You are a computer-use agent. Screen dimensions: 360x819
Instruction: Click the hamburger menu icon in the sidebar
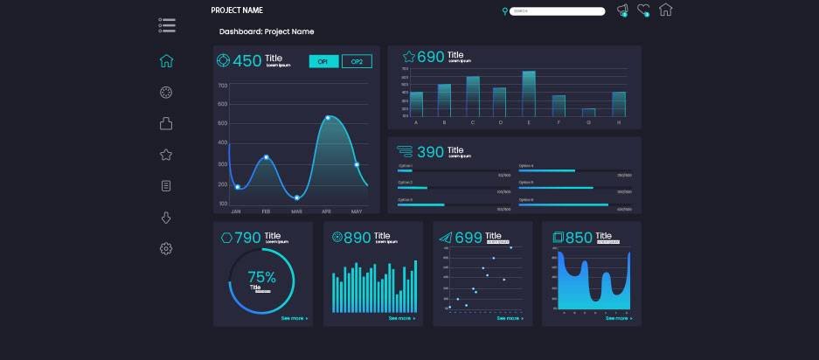click(x=167, y=25)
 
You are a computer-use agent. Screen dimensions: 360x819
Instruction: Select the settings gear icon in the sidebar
click(x=166, y=249)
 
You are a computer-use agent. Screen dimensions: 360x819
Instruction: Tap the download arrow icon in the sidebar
click(x=166, y=218)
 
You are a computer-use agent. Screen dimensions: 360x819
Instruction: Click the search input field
click(x=558, y=11)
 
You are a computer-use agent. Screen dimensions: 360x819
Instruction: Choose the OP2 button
click(x=357, y=61)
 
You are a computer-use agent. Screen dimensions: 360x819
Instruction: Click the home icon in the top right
click(x=666, y=10)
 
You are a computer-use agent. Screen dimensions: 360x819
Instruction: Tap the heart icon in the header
click(x=643, y=10)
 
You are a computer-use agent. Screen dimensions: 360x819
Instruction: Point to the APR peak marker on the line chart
click(x=328, y=118)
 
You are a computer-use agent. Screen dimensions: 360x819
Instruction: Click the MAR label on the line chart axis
click(x=296, y=211)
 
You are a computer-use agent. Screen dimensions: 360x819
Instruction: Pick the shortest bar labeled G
click(x=588, y=113)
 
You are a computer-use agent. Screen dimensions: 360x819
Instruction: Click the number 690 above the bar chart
click(x=431, y=57)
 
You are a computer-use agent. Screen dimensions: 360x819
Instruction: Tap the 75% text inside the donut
click(x=261, y=277)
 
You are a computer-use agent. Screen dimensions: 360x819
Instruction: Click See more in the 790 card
click(x=294, y=319)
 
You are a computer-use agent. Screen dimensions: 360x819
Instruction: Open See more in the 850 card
click(x=618, y=319)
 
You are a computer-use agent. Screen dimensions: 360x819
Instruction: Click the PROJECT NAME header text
click(x=236, y=10)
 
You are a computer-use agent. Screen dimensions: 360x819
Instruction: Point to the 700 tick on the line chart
click(x=223, y=86)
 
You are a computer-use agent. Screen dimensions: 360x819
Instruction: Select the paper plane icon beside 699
click(x=445, y=238)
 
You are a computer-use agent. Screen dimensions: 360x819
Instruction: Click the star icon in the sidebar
click(x=166, y=155)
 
